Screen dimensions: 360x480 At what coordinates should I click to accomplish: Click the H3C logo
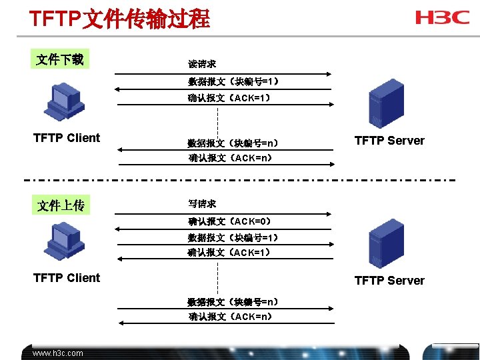442,17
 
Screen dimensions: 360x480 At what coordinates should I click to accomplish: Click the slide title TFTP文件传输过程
120,18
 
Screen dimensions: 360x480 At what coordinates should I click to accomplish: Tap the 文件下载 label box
60,59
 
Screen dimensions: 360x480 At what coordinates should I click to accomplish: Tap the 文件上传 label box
61,205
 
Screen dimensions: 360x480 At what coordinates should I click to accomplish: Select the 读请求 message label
201,64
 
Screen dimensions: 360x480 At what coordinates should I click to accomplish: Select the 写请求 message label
201,203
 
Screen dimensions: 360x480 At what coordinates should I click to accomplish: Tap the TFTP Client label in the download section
67,138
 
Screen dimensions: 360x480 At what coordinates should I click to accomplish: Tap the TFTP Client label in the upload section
67,278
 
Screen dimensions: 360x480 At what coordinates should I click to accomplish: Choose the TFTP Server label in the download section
389,141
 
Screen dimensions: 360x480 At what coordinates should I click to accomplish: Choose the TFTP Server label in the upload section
389,281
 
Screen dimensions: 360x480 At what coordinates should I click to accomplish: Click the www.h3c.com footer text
58,353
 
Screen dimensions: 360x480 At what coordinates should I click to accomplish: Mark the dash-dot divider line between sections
240,180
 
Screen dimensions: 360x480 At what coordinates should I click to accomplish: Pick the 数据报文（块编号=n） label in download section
233,143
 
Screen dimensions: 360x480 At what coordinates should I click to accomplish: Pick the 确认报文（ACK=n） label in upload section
229,317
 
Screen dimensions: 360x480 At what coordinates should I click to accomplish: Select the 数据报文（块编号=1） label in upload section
233,238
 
